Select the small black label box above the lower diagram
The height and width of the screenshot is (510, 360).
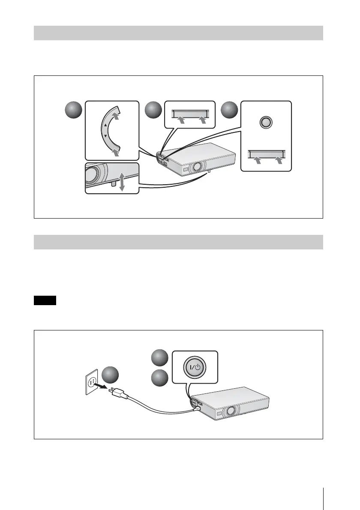pyautogui.click(x=45, y=300)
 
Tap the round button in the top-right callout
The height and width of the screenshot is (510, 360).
pyautogui.click(x=266, y=123)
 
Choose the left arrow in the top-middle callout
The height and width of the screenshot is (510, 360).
pyautogui.click(x=182, y=121)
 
